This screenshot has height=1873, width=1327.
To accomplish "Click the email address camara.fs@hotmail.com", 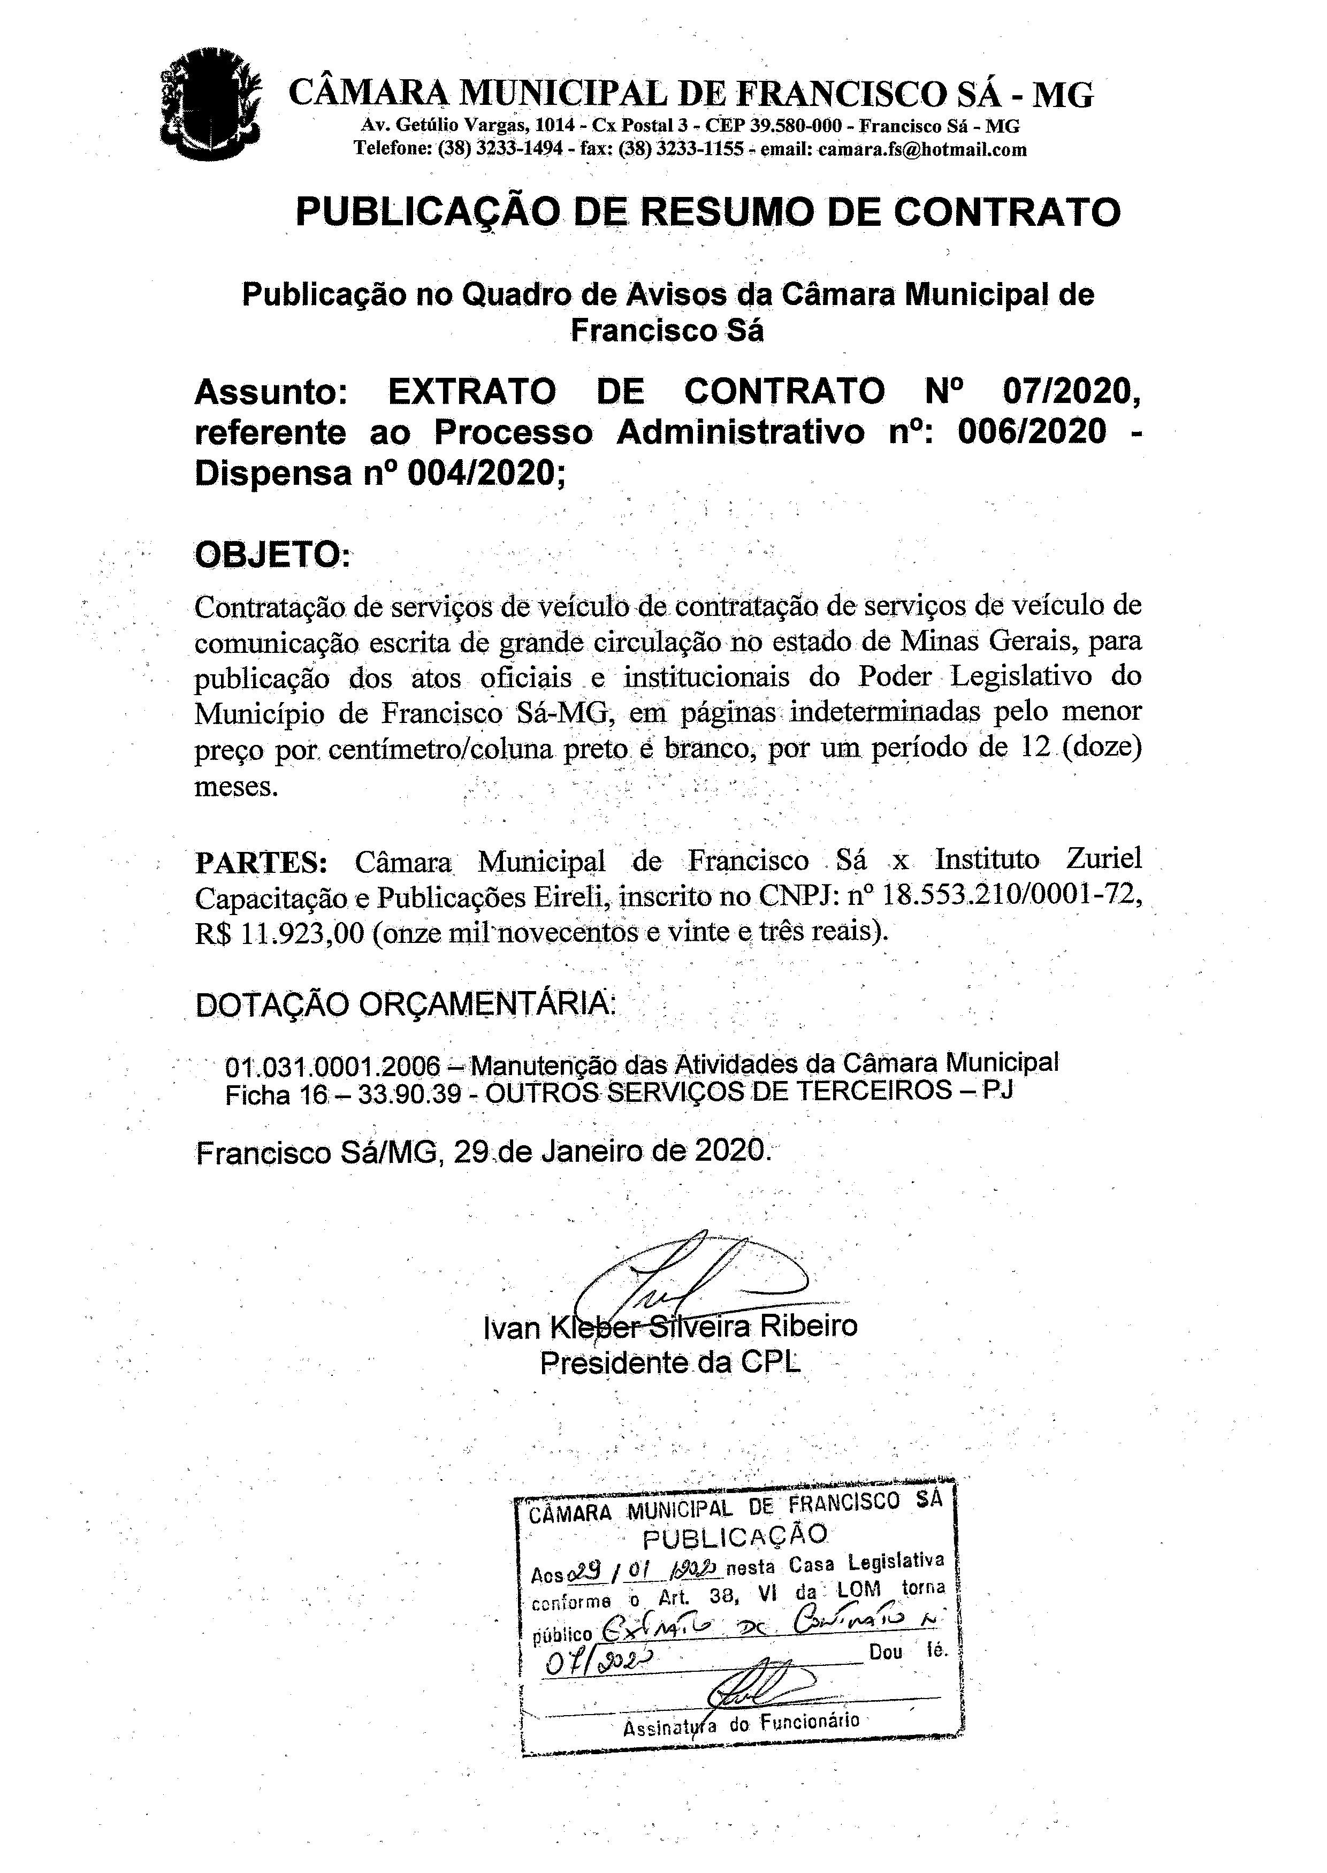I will tap(922, 149).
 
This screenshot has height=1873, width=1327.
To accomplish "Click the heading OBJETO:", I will tap(273, 555).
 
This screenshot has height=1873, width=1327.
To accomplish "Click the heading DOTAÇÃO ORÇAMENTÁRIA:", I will tap(406, 1003).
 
